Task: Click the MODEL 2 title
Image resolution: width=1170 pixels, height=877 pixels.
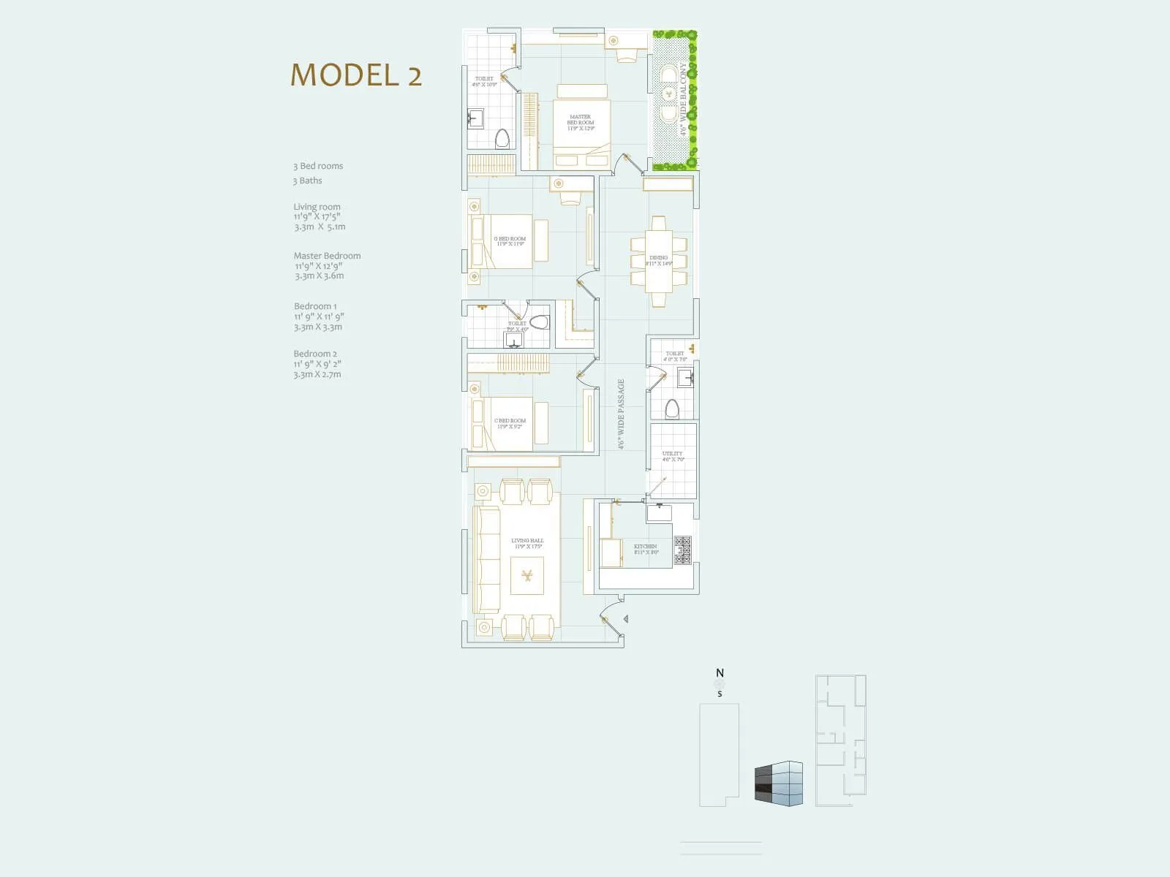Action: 356,75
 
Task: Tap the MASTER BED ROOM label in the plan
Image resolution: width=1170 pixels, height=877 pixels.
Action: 581,122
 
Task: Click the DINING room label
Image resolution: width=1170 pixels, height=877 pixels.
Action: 658,260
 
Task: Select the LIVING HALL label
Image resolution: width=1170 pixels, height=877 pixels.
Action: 527,543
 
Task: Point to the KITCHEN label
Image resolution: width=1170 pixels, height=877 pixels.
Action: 646,549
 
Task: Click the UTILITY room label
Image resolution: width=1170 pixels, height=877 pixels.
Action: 673,456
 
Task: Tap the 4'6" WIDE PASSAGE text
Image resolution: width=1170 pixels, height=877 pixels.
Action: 621,414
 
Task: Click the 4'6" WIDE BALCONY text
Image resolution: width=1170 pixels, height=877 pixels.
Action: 684,99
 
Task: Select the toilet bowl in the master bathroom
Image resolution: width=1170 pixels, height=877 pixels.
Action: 502,138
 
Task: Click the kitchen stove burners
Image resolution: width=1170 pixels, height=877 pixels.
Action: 682,550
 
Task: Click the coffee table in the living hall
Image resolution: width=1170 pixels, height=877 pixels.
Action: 526,575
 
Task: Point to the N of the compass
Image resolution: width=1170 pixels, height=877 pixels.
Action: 720,673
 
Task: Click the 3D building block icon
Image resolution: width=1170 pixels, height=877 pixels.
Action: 778,783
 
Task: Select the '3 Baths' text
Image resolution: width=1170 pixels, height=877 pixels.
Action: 308,181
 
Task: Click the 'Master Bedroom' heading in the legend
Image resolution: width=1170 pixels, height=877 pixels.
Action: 327,256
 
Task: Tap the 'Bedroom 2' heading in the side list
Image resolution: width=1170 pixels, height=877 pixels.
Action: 315,354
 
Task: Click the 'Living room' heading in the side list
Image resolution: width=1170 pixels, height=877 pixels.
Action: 317,207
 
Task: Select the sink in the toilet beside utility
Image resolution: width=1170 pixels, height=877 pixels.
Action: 685,378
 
